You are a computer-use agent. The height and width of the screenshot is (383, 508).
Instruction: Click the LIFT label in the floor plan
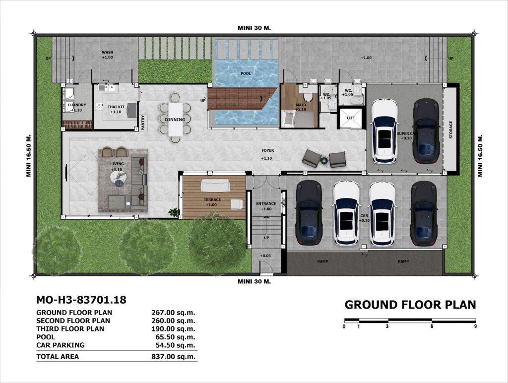pyautogui.click(x=351, y=118)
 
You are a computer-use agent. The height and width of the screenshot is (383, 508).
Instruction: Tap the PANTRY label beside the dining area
pyautogui.click(x=143, y=122)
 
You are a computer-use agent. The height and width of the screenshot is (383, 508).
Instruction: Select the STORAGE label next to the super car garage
pyautogui.click(x=450, y=130)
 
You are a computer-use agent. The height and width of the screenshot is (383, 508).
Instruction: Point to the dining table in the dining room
pyautogui.click(x=175, y=119)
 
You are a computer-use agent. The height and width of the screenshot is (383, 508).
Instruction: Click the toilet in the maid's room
pyautogui.click(x=308, y=97)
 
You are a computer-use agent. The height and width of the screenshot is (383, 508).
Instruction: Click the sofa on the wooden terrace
pyautogui.click(x=215, y=186)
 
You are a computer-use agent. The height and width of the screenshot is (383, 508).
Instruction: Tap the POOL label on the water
pyautogui.click(x=246, y=73)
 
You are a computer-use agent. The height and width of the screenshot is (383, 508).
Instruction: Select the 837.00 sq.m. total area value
pyautogui.click(x=173, y=357)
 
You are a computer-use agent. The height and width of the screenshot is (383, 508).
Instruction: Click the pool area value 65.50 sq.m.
pyautogui.click(x=175, y=337)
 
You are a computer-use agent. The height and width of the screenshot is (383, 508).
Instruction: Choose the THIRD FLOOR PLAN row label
pyautogui.click(x=70, y=329)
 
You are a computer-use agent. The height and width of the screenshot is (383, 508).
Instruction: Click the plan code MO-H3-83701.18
pyautogui.click(x=81, y=300)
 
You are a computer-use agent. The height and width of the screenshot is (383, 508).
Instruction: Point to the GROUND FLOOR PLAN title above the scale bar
pyautogui.click(x=410, y=305)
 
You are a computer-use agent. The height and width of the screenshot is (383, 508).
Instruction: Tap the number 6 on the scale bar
pyautogui.click(x=432, y=326)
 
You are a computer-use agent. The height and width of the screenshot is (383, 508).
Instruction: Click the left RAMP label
pyautogui.click(x=322, y=261)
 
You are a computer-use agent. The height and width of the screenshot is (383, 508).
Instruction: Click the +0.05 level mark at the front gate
pyautogui.click(x=265, y=256)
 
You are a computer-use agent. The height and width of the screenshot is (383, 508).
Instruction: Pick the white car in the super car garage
pyautogui.click(x=384, y=130)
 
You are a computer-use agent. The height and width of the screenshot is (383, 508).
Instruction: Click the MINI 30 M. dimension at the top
pyautogui.click(x=254, y=28)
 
